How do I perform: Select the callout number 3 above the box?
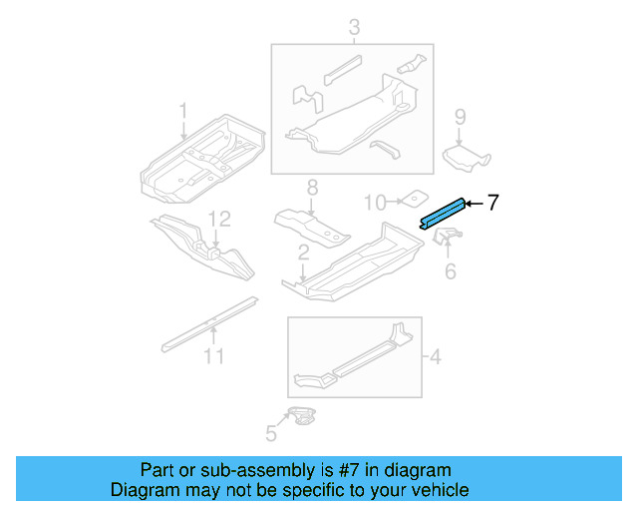pos(352,28)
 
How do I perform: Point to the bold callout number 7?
pos(492,203)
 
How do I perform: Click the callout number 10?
pos(374,203)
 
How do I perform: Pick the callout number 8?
pos(311,187)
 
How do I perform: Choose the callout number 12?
pos(219,219)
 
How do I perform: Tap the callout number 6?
pos(450,270)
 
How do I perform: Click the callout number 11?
pos(214,356)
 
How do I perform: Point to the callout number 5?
pos(269,432)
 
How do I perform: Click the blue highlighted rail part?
pos(444,212)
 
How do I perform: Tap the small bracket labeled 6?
pos(448,241)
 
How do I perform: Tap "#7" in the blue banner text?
pos(334,469)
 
